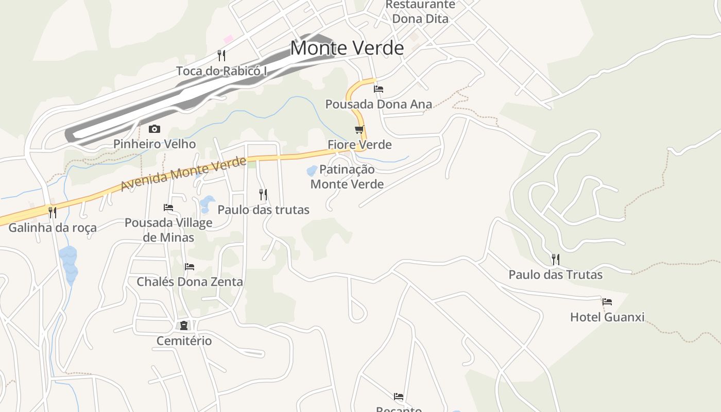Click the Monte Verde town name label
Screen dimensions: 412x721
click(347, 48)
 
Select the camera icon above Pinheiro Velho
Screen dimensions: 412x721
click(154, 129)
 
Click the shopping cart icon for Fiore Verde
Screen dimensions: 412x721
click(359, 129)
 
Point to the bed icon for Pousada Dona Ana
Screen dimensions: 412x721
click(379, 89)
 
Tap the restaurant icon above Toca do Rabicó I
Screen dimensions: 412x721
click(221, 56)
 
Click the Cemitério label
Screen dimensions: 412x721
click(184, 340)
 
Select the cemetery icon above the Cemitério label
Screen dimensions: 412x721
click(183, 325)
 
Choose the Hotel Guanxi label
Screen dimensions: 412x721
click(607, 317)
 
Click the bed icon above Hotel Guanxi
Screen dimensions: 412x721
click(607, 302)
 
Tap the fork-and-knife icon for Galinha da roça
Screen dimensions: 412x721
click(52, 212)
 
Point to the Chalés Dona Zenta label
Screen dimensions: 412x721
click(190, 282)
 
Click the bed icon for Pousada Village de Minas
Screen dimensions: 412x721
click(168, 208)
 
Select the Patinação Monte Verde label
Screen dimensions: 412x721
click(347, 177)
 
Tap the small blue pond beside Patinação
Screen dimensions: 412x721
click(312, 170)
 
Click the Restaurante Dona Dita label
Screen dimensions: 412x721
click(420, 12)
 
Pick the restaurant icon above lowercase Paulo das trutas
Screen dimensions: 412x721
click(263, 194)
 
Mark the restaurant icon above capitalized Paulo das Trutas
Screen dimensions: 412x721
click(555, 259)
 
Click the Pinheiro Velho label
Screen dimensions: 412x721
click(154, 144)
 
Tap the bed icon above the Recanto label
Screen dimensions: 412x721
click(399, 396)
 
